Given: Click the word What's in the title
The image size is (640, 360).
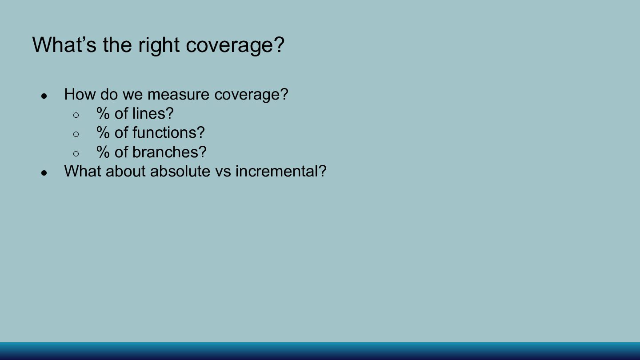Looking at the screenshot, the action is point(64,44).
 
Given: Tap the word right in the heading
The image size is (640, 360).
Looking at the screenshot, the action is point(159,46).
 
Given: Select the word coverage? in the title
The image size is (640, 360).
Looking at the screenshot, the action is point(235,46).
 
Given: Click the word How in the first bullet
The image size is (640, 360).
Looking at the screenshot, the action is point(80,94).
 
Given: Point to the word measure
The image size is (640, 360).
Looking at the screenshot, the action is point(178,95).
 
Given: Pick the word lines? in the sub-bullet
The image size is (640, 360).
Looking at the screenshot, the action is point(153,113).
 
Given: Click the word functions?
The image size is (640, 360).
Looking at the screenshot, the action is point(168,132).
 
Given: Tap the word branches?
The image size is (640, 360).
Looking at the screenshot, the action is point(169,152).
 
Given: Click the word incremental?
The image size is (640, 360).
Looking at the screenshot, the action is point(281,171).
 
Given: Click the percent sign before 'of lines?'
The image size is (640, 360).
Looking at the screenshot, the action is point(103,113).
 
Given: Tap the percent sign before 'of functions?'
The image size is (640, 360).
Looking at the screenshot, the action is point(103,132).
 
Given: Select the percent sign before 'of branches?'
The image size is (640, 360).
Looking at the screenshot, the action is point(103,152).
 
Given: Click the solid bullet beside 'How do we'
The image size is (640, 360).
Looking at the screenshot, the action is point(44,96).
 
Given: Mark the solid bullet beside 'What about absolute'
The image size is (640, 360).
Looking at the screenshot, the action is point(44,173).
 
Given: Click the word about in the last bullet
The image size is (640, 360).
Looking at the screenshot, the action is point(126,171).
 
